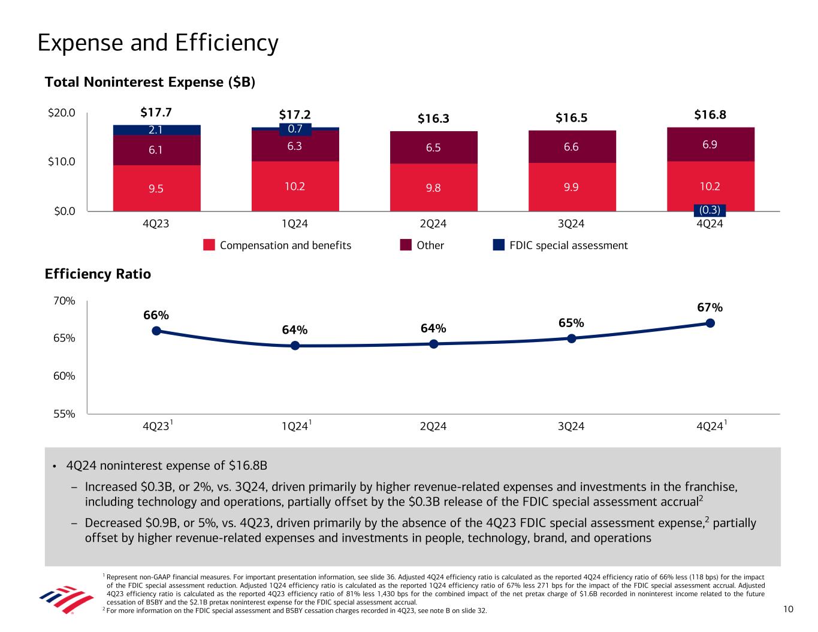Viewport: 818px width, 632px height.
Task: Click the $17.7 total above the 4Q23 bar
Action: click(x=156, y=113)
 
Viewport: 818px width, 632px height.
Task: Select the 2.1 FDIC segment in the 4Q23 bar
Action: click(x=156, y=130)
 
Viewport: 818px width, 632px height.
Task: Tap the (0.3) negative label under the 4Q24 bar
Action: click(x=710, y=210)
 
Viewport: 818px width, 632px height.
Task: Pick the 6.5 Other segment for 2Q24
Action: click(x=433, y=147)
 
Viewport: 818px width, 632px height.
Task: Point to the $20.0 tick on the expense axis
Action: click(x=61, y=113)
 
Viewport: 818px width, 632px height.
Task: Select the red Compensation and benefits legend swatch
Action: click(x=209, y=245)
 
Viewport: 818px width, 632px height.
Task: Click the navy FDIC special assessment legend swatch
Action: click(x=499, y=245)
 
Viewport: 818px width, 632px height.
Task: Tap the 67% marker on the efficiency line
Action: click(x=710, y=323)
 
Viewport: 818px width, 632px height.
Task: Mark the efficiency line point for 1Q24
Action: click(x=295, y=346)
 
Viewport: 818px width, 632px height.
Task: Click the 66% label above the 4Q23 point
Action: click(x=156, y=315)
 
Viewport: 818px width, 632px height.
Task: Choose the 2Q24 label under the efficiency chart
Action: click(x=433, y=427)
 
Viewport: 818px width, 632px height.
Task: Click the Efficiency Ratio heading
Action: click(x=98, y=274)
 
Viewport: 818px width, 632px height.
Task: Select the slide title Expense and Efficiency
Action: click(x=158, y=43)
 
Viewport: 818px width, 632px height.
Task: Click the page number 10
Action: click(x=788, y=609)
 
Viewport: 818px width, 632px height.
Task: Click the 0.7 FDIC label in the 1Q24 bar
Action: click(x=295, y=129)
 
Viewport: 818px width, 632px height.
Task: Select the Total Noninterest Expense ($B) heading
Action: click(x=150, y=83)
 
